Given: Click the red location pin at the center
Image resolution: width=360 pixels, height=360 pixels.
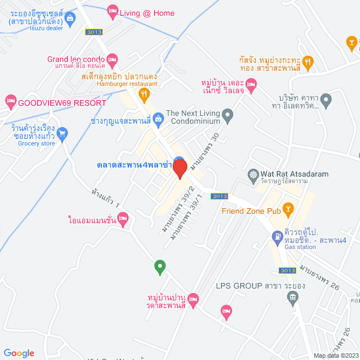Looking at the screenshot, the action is pyautogui.click(x=179, y=169).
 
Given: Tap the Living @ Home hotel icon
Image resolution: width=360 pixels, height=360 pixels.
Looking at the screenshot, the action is pyautogui.click(x=112, y=10).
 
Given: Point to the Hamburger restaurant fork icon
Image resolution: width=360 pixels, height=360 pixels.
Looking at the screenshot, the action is pyautogui.click(x=145, y=94).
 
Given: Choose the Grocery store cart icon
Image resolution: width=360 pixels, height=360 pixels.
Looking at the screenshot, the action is pyautogui.click(x=62, y=133).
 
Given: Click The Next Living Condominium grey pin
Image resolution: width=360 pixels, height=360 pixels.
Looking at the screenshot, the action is pyautogui.click(x=227, y=116).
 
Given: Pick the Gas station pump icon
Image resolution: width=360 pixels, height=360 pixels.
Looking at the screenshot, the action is pyautogui.click(x=277, y=237).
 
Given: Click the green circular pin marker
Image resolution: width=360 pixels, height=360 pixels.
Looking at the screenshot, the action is pyautogui.click(x=160, y=266).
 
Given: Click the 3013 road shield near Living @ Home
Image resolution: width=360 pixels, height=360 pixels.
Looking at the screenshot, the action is pyautogui.click(x=94, y=32).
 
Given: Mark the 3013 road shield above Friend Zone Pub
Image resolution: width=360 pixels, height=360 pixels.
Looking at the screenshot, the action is pyautogui.click(x=219, y=196).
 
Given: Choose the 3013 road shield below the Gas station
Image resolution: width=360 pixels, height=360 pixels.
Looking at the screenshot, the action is pyautogui.click(x=287, y=271).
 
